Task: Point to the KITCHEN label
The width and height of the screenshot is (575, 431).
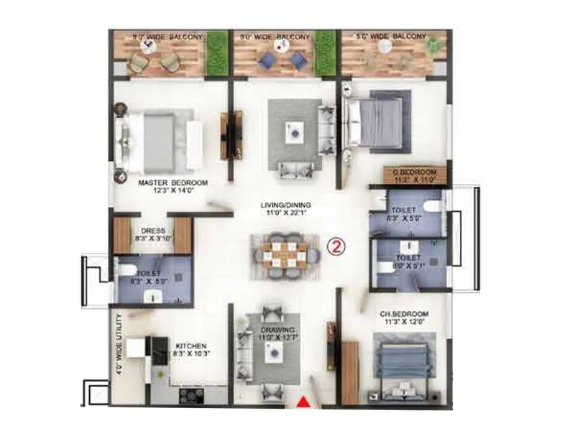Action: click(x=190, y=346)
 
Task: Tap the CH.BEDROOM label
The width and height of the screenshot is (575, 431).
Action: click(x=404, y=314)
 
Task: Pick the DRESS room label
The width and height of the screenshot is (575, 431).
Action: click(x=153, y=231)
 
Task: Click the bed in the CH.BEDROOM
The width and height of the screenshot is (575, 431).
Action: click(x=402, y=359)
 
